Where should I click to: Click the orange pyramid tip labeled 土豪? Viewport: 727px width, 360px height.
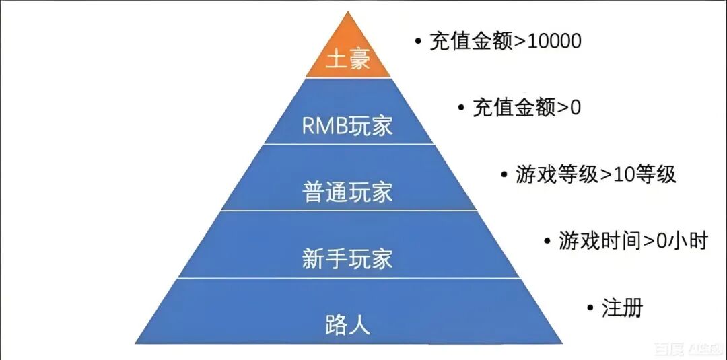coord(348,59)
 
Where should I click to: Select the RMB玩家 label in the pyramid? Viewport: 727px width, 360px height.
coord(348,126)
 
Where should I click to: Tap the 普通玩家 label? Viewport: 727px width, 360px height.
coord(348,192)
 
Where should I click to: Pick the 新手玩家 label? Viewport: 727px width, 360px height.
coord(348,259)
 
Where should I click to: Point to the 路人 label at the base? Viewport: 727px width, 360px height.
coord(348,326)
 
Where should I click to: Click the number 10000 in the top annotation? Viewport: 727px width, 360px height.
coord(547,42)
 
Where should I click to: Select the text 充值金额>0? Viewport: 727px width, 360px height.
coord(526,108)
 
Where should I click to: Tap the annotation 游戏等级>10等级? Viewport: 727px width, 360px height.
coord(596,175)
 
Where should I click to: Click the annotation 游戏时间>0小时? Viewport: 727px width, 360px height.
coord(633,240)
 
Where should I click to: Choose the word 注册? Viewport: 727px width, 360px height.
coord(623,308)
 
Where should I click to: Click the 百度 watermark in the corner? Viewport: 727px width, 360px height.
coord(669,349)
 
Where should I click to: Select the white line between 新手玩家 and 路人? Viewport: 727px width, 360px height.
coord(348,277)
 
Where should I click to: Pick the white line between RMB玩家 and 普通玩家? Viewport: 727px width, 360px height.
coord(348,144)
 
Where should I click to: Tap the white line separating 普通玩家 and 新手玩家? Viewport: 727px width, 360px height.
coord(348,210)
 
